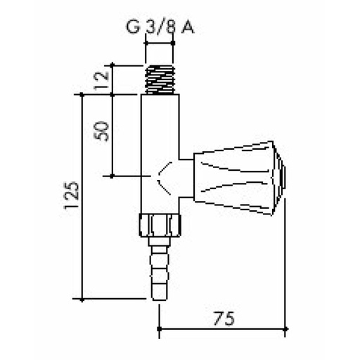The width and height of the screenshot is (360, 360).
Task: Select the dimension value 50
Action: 103,131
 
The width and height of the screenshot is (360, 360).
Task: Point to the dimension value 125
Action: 71,198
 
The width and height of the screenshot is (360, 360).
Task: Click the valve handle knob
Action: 236,176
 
